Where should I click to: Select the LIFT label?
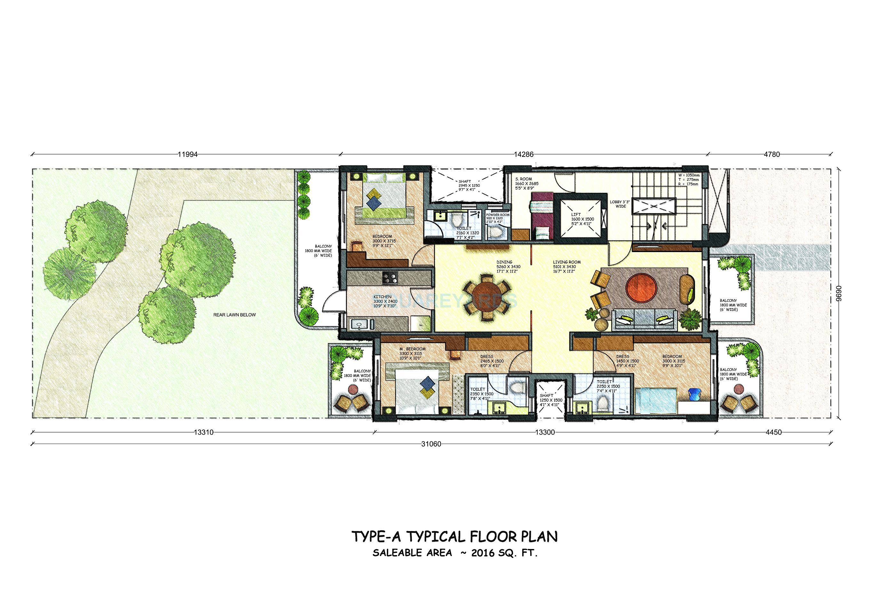click(576, 215)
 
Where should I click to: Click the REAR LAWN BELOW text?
click(235, 315)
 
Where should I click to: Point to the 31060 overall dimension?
click(431, 444)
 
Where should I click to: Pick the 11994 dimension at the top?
click(188, 154)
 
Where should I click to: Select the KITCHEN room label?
click(382, 297)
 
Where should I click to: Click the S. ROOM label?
click(524, 179)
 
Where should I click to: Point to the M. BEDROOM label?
click(412, 349)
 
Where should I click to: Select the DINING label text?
click(504, 262)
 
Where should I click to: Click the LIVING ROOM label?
click(567, 262)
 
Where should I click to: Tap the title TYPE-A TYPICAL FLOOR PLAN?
click(455, 537)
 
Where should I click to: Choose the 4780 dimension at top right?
click(772, 154)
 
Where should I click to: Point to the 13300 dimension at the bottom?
click(545, 432)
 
